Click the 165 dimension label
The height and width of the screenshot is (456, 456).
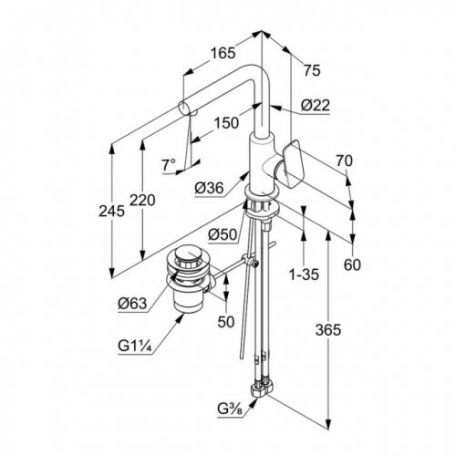[223, 53]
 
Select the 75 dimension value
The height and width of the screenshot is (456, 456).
[312, 71]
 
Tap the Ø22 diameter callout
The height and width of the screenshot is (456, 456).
[316, 106]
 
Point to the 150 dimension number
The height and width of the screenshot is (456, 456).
[226, 123]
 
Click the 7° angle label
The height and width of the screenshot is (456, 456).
[169, 165]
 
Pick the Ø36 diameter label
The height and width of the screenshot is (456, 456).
[209, 188]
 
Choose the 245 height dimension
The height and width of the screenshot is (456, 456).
[111, 211]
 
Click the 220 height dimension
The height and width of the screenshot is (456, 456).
[142, 201]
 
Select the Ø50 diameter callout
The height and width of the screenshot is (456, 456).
[223, 234]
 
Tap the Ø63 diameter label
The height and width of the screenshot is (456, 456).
[132, 303]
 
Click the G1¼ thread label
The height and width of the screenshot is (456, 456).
[135, 346]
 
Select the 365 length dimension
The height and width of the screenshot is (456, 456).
[328, 330]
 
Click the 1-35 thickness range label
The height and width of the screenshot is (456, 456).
[304, 275]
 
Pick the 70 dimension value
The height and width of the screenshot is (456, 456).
[344, 161]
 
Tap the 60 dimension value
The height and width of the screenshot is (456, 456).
[352, 264]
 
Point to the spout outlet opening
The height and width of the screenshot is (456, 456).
[184, 109]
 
